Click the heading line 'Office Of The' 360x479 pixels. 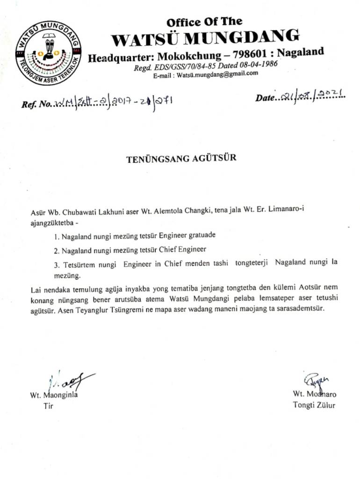(x=204, y=22)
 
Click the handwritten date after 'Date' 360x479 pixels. (x=313, y=96)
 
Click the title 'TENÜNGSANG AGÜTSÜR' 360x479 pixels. (x=181, y=158)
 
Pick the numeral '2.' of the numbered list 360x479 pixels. (x=56, y=250)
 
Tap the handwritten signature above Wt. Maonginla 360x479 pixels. (x=70, y=382)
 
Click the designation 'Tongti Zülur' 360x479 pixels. (x=314, y=405)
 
